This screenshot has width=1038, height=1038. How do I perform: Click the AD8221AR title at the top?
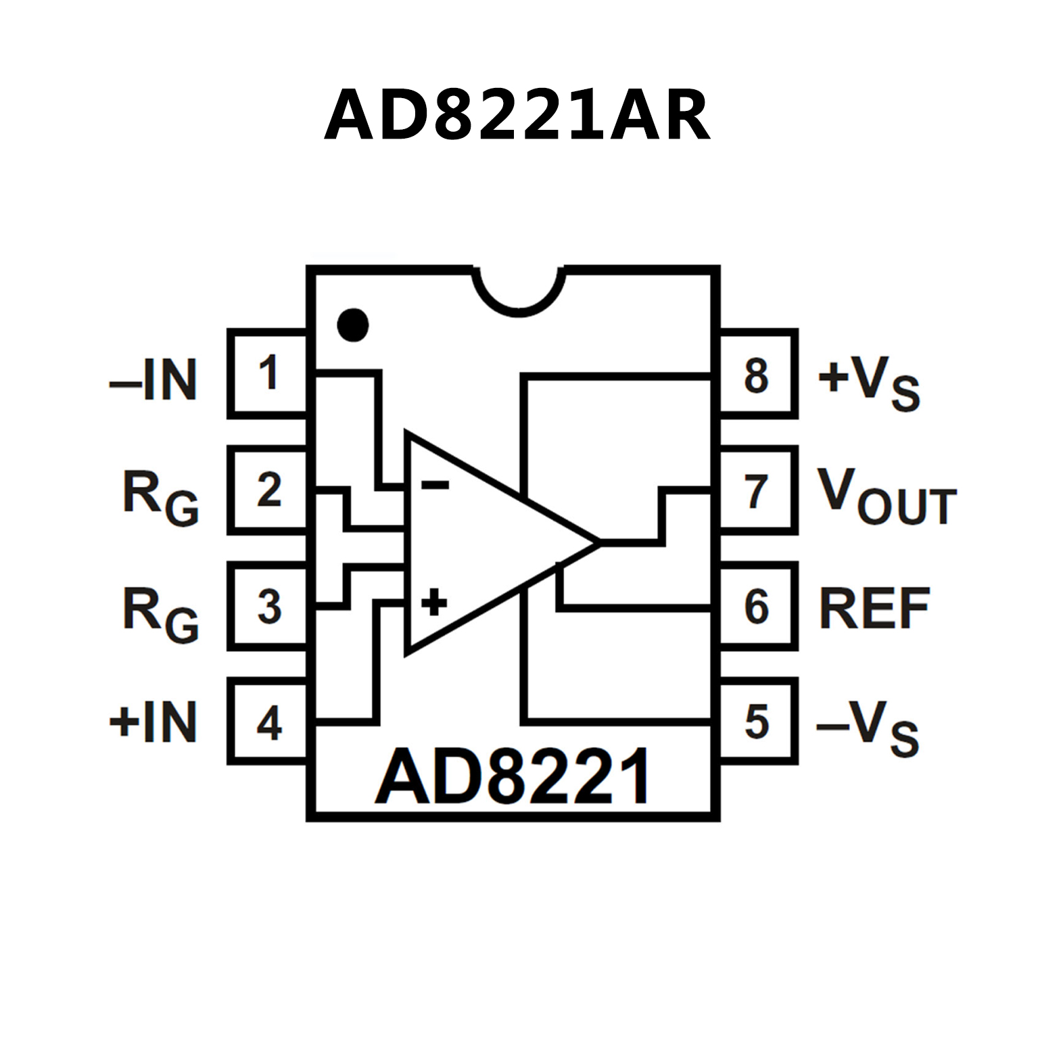[x=517, y=115]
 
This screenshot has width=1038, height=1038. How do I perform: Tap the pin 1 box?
[x=268, y=373]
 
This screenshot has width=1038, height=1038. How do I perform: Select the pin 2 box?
[x=268, y=490]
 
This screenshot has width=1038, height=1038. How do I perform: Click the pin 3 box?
[x=268, y=606]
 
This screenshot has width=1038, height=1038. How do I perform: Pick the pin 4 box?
[x=268, y=722]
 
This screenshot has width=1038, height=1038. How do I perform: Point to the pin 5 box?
[x=757, y=722]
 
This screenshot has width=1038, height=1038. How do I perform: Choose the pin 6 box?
[x=757, y=606]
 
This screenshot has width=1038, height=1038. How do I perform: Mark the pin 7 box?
[x=757, y=490]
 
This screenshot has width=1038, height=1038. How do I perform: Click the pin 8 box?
[x=757, y=375]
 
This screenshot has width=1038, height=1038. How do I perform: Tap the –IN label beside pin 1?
[x=154, y=380]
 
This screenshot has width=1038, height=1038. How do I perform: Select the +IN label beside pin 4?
[x=154, y=722]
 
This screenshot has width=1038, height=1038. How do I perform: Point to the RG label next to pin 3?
[x=161, y=614]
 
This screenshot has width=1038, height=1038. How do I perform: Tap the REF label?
[x=874, y=609]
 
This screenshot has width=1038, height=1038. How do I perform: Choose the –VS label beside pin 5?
[x=868, y=728]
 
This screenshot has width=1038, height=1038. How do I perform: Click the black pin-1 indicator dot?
[x=353, y=325]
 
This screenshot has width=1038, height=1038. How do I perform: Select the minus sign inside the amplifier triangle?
[x=435, y=484]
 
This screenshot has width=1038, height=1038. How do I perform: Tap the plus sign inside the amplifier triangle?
[x=434, y=601]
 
